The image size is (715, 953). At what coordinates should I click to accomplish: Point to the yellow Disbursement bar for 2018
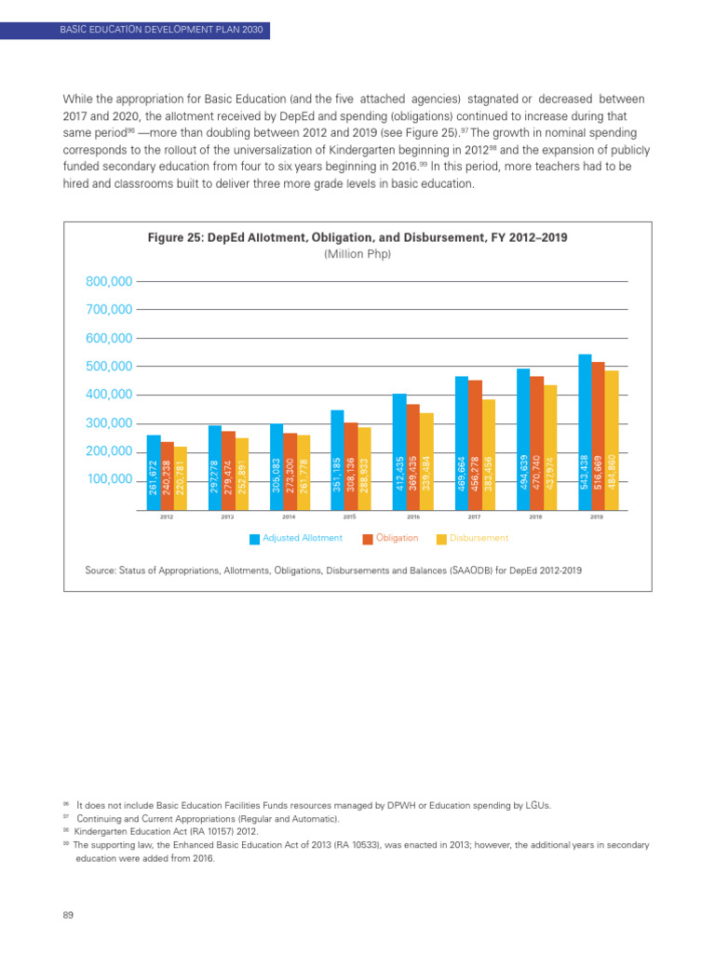coord(550,447)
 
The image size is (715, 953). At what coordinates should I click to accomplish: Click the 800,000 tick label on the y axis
coord(109,281)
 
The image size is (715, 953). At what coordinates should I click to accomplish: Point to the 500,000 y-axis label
coord(109,367)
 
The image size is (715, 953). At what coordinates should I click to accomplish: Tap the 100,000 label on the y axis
coord(109,480)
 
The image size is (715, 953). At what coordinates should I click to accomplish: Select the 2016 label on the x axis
coord(413,517)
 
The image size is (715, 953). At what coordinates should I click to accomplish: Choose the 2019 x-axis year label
coord(598,517)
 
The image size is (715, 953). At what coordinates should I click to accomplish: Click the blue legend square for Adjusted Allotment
coord(255,539)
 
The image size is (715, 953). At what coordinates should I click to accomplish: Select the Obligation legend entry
coord(397,538)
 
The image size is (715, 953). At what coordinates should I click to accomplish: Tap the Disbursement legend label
coord(479,538)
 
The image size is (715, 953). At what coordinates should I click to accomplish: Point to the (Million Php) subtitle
coord(357,254)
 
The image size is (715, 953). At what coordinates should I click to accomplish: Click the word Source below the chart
coord(101,570)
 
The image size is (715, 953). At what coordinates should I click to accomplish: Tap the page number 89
coord(68,916)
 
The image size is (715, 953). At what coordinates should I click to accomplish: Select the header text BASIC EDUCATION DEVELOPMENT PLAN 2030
coord(162,31)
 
